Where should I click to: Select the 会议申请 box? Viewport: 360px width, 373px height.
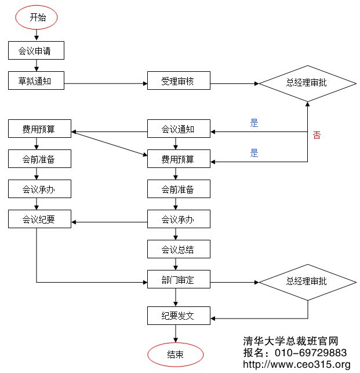36,50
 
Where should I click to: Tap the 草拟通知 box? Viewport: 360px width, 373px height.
36,82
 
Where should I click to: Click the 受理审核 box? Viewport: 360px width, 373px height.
178,82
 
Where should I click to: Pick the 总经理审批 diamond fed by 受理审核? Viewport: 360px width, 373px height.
307,82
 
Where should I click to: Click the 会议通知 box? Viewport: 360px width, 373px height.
178,129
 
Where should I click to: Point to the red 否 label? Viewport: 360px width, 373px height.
317,136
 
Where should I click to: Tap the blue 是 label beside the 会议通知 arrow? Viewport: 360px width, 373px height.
254,123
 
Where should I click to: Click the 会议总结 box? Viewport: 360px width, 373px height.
178,250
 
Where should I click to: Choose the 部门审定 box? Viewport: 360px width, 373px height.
178,280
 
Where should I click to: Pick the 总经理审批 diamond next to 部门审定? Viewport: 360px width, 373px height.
307,281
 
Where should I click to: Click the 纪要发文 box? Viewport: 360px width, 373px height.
178,316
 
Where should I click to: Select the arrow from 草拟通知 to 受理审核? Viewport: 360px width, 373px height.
104,84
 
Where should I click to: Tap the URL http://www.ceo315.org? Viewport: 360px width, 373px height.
296,364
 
